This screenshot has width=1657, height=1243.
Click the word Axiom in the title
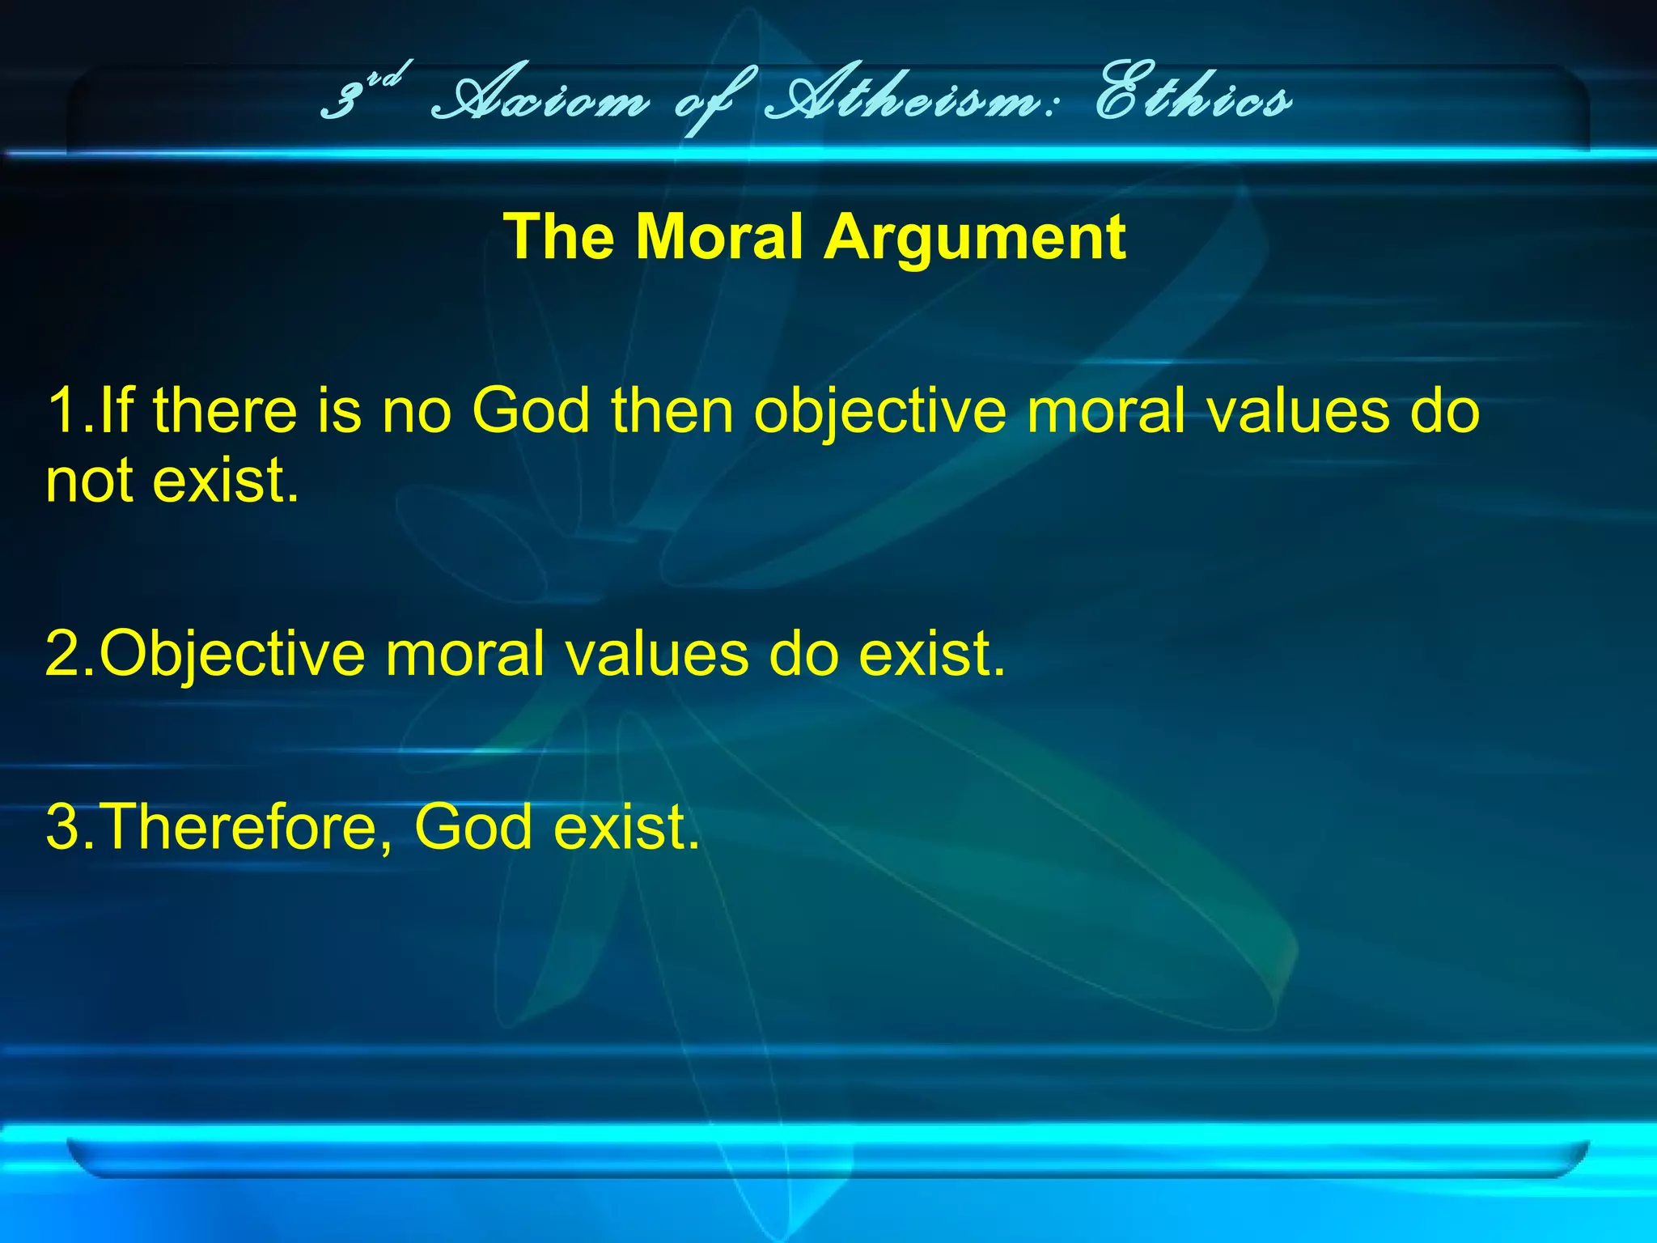[540, 101]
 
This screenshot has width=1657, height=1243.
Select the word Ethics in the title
[1193, 101]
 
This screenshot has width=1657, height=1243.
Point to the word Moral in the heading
[719, 237]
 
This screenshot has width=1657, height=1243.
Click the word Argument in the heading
[975, 237]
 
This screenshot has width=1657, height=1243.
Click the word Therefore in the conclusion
[239, 827]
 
